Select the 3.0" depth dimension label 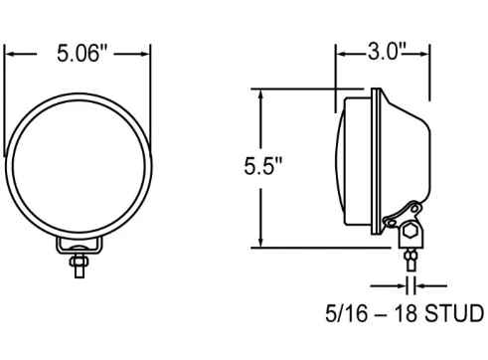pos(387,52)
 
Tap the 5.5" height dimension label pos(263,166)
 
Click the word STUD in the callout pos(454,313)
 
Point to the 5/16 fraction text pos(347,313)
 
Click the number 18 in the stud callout pos(406,313)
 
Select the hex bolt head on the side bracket pos(410,230)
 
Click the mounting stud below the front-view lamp pos(80,266)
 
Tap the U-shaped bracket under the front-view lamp pos(80,246)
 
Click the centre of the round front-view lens pos(79,166)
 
